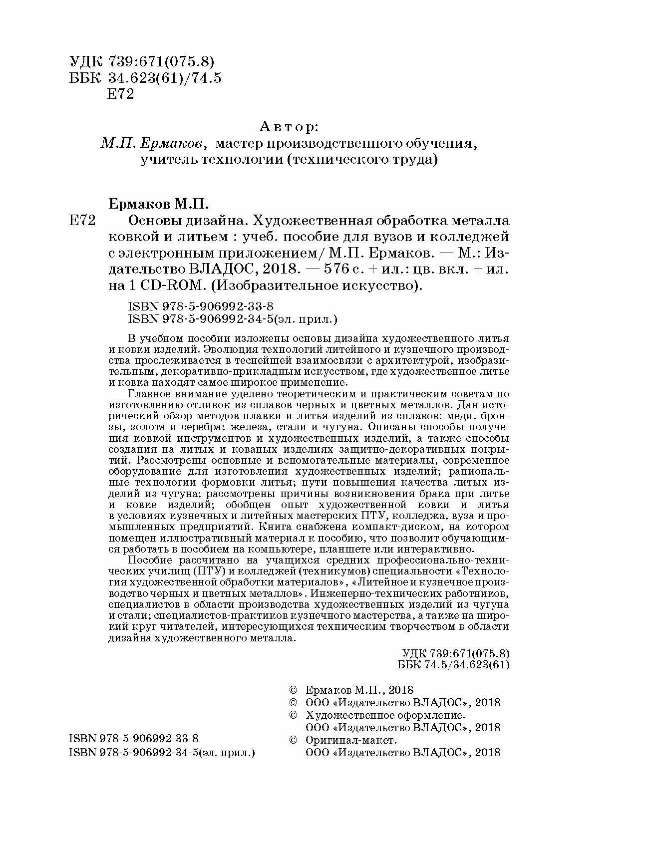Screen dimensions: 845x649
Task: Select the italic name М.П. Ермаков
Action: point(152,144)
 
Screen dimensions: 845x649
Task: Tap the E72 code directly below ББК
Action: point(121,94)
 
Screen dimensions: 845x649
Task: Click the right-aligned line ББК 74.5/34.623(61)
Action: point(454,664)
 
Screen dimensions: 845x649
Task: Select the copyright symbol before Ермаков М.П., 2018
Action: point(294,690)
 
